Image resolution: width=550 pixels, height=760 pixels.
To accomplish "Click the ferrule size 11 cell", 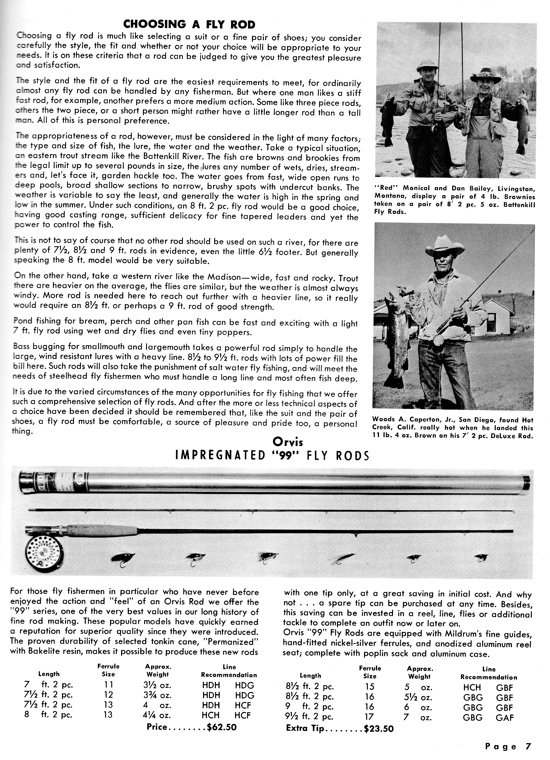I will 109,685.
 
